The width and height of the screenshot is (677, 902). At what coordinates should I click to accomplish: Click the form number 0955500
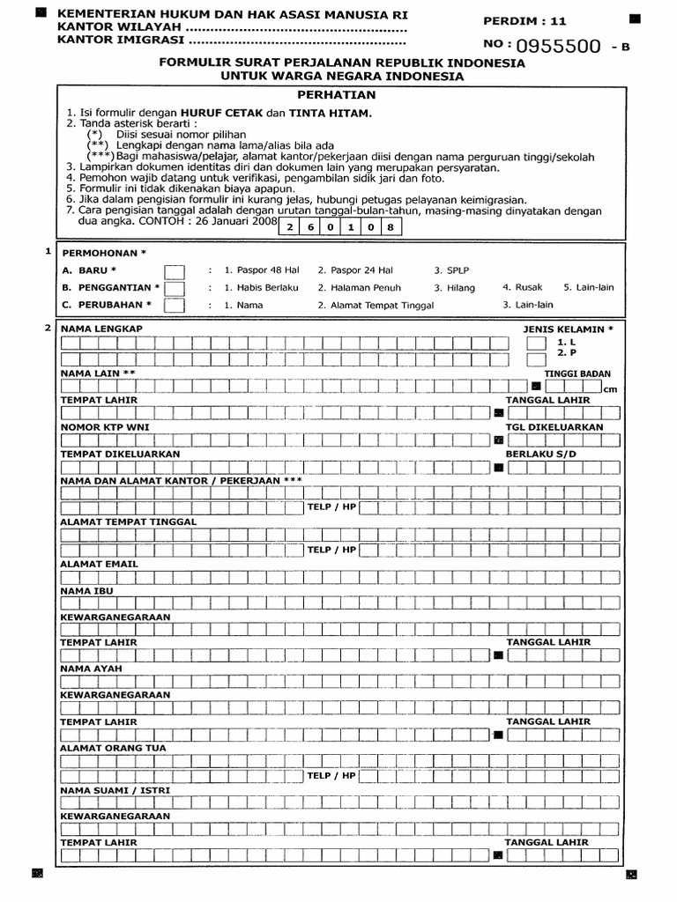click(x=559, y=47)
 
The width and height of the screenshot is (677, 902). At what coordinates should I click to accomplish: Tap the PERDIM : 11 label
click(x=513, y=20)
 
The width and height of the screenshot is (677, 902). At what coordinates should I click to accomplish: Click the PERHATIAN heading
click(x=336, y=95)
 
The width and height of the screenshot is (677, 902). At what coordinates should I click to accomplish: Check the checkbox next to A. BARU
click(x=175, y=271)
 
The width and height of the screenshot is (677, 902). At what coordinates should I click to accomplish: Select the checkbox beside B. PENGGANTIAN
click(x=175, y=288)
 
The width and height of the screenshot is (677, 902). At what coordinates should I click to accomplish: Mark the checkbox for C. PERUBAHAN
click(x=175, y=305)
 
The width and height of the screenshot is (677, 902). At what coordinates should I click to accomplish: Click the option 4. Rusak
click(x=522, y=287)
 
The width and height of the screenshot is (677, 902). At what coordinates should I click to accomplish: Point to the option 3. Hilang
click(x=454, y=288)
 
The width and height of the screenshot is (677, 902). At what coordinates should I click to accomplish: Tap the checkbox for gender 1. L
click(x=536, y=342)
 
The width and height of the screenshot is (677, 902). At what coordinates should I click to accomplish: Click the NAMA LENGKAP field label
click(x=101, y=329)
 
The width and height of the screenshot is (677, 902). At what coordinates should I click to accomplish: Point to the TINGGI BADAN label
click(x=577, y=373)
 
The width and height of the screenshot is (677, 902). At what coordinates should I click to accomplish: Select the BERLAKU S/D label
click(x=540, y=454)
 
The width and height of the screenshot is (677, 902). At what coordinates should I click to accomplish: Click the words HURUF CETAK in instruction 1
click(x=213, y=114)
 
